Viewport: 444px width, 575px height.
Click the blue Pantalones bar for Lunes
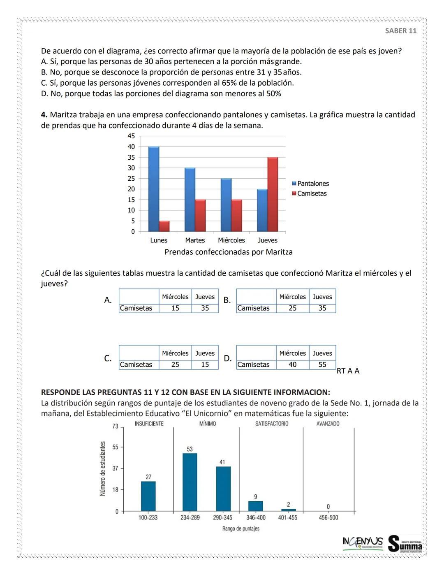click(x=154, y=189)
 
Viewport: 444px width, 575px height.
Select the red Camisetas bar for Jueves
click(x=273, y=194)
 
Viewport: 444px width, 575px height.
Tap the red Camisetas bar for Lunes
click(x=164, y=226)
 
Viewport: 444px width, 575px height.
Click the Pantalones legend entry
click(x=310, y=184)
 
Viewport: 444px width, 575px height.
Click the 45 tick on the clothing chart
click(x=131, y=136)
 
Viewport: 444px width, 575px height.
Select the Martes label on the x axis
click(x=195, y=240)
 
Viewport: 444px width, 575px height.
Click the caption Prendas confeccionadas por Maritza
click(x=229, y=252)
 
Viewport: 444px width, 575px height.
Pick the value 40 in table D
click(x=292, y=365)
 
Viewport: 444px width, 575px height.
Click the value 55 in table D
click(x=322, y=365)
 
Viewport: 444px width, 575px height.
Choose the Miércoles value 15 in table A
click(x=175, y=308)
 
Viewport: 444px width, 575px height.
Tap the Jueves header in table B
click(x=322, y=297)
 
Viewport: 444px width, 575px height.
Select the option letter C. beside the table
click(x=108, y=359)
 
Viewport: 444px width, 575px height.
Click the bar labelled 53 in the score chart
click(x=190, y=482)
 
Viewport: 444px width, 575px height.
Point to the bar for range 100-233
click(x=148, y=496)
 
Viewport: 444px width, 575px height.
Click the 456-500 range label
click(x=328, y=517)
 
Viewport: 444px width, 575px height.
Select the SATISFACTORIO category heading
click(x=272, y=424)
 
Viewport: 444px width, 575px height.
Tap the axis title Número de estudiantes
click(x=103, y=468)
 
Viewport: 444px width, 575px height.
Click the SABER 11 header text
click(x=400, y=31)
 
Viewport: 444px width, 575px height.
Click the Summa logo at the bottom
click(x=405, y=544)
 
